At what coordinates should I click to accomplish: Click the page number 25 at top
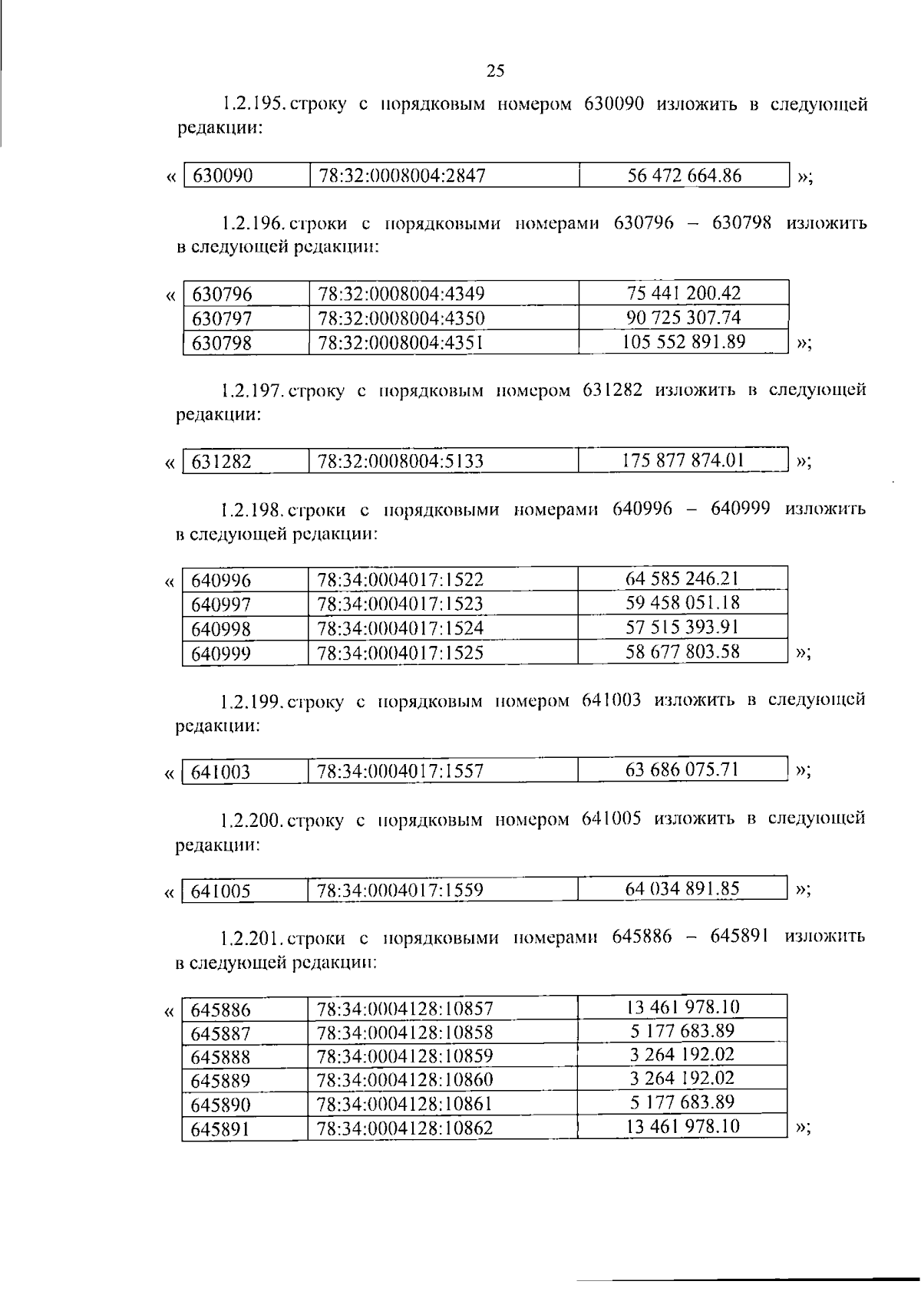[x=496, y=71]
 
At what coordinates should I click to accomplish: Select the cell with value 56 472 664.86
[x=684, y=176]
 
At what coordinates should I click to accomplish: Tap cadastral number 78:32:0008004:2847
[x=401, y=176]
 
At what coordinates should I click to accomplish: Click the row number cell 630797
[x=222, y=318]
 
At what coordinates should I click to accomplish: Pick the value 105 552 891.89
[x=683, y=341]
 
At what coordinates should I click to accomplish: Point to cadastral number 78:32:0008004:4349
[x=401, y=294]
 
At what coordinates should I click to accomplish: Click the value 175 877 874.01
[x=683, y=460]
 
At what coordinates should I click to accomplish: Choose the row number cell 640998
[x=221, y=630]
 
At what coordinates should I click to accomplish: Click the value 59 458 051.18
[x=683, y=603]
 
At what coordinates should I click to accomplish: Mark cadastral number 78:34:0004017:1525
[x=401, y=654]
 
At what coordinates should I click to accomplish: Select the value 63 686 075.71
[x=682, y=769]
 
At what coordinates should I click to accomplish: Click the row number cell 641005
[x=221, y=891]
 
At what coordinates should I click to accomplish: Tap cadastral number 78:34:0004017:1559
[x=401, y=891]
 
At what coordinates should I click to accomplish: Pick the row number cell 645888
[x=221, y=1057]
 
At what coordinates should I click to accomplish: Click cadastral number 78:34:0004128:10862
[x=405, y=1128]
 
